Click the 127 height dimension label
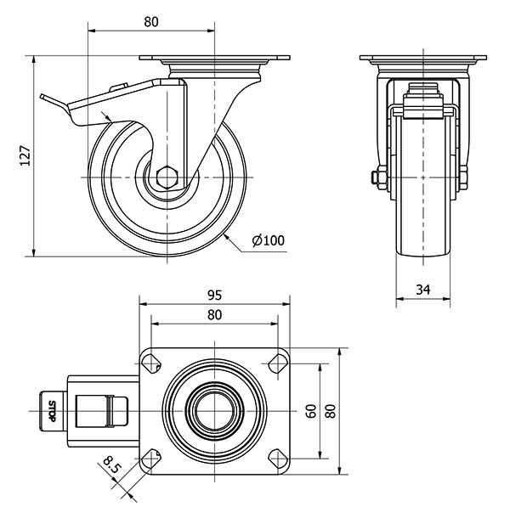click(x=25, y=155)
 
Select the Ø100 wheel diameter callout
click(x=268, y=240)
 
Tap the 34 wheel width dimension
click(x=423, y=290)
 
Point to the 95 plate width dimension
click(x=215, y=295)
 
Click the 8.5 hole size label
click(x=111, y=465)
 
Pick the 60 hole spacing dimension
click(x=311, y=411)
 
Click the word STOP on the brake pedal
click(x=52, y=411)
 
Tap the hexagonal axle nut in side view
click(x=167, y=177)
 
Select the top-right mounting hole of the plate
click(x=278, y=364)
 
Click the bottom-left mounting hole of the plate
click(x=151, y=459)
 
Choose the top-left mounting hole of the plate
click(x=151, y=364)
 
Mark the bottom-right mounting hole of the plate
click(x=278, y=459)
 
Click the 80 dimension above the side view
click(x=151, y=22)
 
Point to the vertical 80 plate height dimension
click(x=331, y=411)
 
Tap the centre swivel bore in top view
click(x=215, y=411)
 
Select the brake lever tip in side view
click(x=42, y=96)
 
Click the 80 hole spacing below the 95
click(x=215, y=315)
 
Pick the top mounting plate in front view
click(x=423, y=58)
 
